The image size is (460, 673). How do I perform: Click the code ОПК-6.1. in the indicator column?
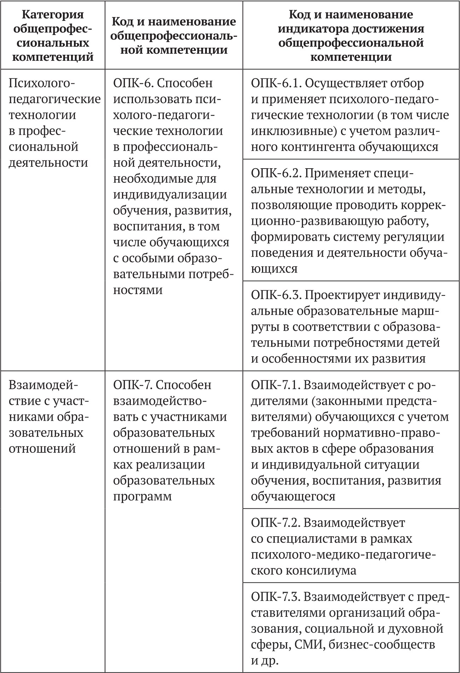275,83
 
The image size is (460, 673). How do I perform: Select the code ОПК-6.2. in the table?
275,173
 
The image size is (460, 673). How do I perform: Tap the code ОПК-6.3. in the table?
275,295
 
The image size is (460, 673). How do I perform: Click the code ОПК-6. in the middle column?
132,83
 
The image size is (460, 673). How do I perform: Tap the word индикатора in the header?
311,29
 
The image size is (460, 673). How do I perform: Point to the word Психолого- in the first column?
42,83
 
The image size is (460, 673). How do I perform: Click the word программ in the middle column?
142,496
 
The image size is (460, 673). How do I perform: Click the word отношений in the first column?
42,449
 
